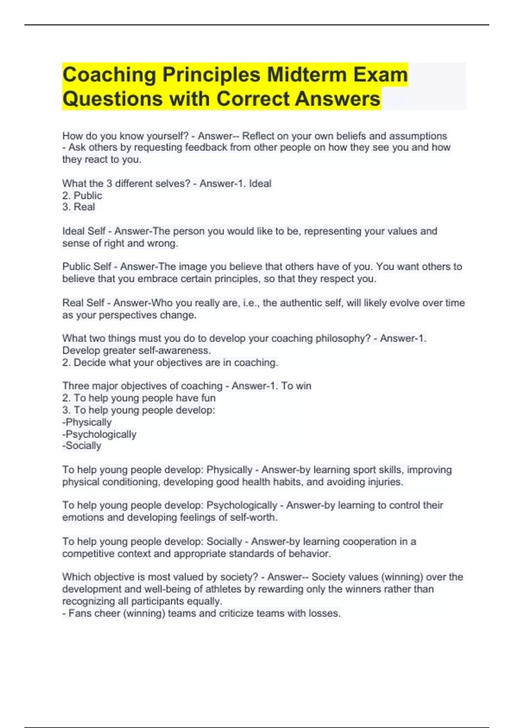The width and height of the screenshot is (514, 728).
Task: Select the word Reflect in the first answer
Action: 258,136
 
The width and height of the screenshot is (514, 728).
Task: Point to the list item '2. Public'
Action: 82,196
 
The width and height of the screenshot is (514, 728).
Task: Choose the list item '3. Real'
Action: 78,207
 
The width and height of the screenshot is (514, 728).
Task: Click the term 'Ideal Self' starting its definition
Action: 84,231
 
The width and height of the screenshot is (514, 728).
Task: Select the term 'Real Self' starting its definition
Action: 83,303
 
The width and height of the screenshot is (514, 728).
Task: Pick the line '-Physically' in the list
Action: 87,422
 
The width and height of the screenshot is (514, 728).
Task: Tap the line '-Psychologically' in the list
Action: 99,434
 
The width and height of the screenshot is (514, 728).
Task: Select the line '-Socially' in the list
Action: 82,446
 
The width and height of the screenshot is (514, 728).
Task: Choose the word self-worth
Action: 253,517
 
